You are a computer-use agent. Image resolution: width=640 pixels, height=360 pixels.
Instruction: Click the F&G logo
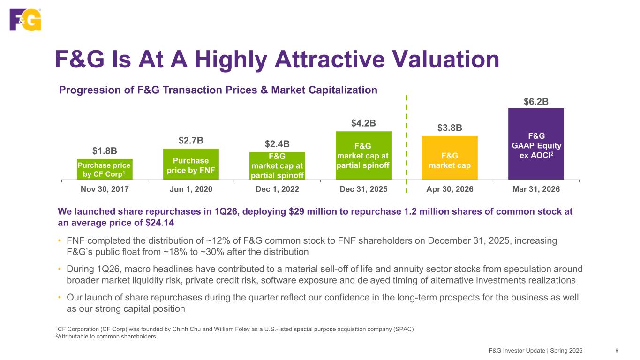pos(25,20)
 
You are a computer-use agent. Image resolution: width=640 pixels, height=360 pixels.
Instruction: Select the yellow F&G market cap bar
pos(450,157)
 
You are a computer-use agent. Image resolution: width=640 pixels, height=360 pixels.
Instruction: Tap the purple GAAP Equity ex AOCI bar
pos(536,144)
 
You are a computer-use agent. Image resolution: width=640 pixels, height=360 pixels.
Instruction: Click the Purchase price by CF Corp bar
pos(105,169)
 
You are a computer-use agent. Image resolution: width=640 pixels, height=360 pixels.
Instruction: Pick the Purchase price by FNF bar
pos(191,164)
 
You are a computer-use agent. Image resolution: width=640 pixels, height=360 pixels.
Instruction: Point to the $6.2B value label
pos(536,102)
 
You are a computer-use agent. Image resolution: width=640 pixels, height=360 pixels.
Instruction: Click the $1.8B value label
pos(105,151)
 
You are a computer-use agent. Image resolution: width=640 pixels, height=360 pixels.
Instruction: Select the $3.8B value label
pos(450,127)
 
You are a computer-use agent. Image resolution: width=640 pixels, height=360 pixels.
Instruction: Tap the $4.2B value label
pos(363,123)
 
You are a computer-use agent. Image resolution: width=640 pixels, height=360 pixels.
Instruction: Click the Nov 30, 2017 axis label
pos(105,189)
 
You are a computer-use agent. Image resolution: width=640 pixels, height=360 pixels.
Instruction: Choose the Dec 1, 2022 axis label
pos(277,189)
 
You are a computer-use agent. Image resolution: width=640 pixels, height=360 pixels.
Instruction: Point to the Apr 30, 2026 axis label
pos(450,189)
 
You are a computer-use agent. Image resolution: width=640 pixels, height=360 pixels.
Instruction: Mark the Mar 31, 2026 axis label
pos(536,189)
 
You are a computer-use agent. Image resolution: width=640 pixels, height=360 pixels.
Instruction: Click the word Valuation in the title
pos(445,60)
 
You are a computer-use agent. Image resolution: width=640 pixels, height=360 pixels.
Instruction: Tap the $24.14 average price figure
pos(159,223)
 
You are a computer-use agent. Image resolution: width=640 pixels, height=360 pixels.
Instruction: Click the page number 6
pos(617,351)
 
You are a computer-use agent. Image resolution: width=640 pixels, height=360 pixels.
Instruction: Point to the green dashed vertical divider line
pos(407,144)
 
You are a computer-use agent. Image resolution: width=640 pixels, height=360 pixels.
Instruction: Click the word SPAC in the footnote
pos(403,329)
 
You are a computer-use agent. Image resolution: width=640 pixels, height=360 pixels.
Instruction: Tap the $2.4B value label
pos(277,144)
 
